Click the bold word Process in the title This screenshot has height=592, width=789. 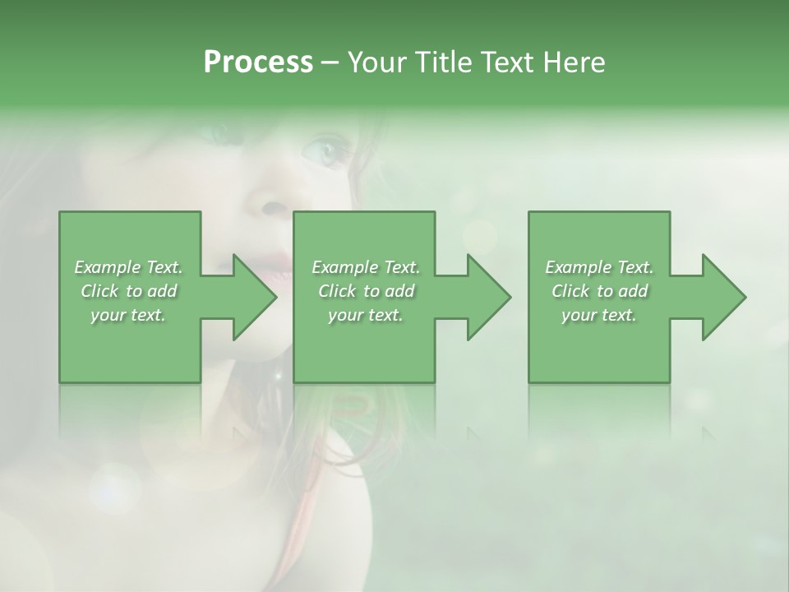(x=258, y=62)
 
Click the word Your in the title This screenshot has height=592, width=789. (x=379, y=62)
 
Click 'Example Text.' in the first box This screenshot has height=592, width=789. (x=128, y=267)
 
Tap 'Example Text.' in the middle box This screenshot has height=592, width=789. (x=366, y=267)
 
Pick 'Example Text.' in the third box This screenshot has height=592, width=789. (x=599, y=267)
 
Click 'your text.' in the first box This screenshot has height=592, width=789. (x=128, y=315)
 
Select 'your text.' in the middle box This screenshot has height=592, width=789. (x=366, y=315)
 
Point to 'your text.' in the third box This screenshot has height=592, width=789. (x=599, y=315)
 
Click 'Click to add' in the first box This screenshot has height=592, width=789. (x=128, y=291)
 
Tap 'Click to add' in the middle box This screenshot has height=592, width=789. (x=366, y=291)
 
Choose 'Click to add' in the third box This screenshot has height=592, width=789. (x=599, y=291)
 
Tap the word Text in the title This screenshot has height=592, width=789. (x=507, y=62)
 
